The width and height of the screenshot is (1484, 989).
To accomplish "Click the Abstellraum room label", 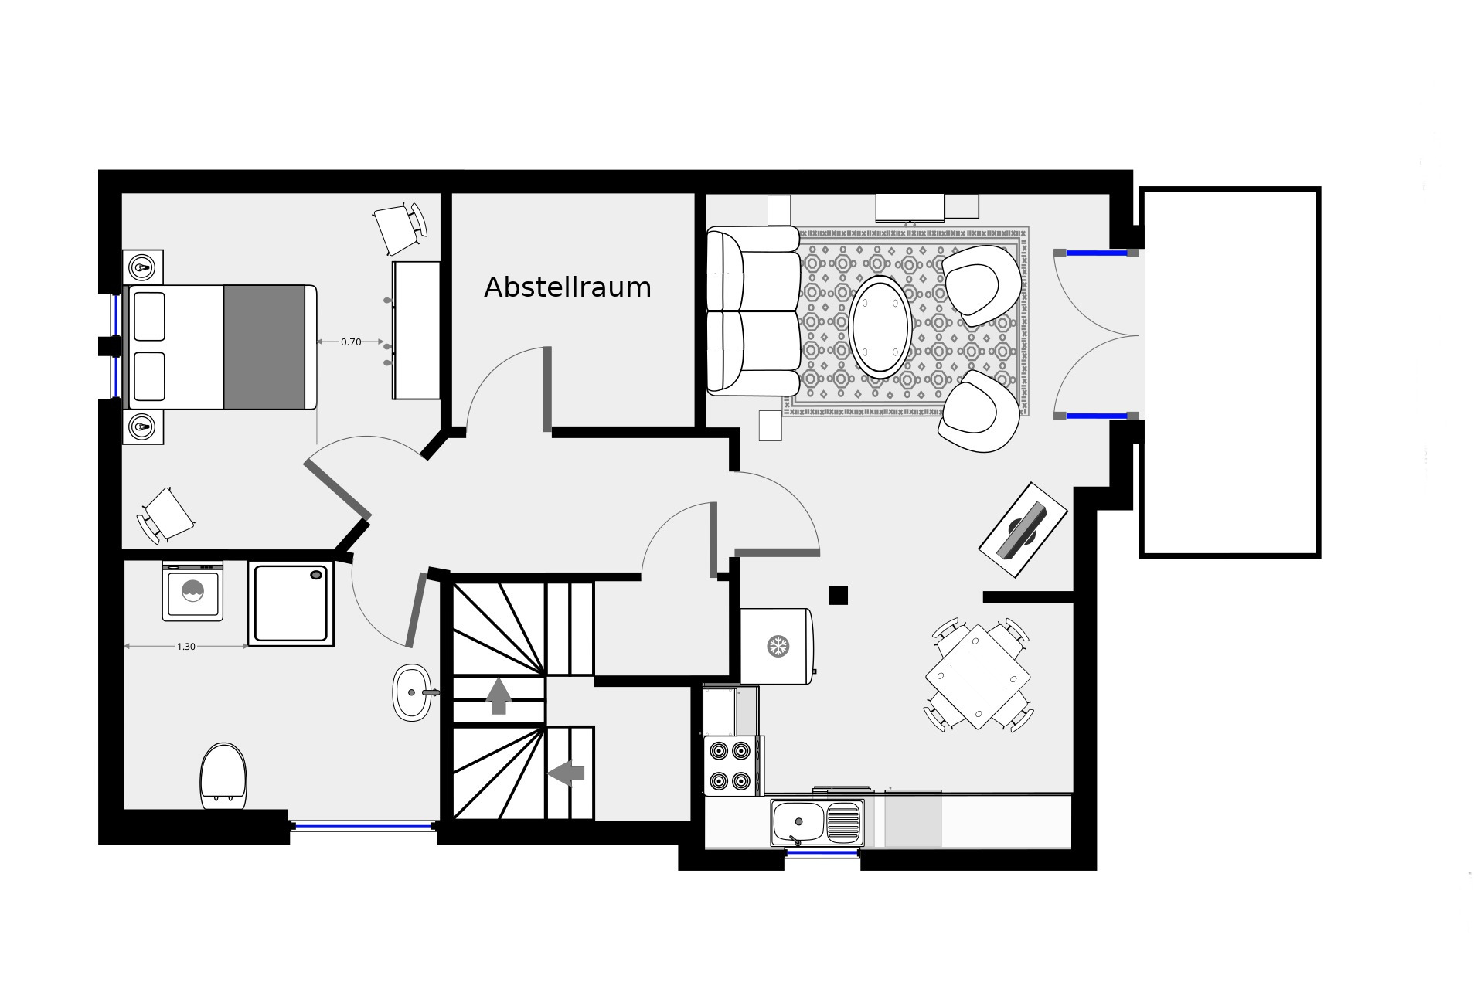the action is [x=567, y=287].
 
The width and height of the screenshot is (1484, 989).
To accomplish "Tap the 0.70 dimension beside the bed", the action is [x=351, y=342].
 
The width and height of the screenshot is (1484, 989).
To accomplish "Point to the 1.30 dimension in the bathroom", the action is [x=186, y=647].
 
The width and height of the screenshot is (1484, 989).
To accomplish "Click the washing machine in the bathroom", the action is [x=192, y=592].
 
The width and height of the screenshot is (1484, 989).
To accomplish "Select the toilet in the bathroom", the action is [x=223, y=777].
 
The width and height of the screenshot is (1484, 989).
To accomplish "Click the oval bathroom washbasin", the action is [x=414, y=692].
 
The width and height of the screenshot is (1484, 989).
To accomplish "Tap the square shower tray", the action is [x=291, y=603].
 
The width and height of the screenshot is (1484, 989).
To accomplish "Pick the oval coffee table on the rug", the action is [x=880, y=328].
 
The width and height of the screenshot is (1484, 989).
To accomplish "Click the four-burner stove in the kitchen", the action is [x=731, y=766].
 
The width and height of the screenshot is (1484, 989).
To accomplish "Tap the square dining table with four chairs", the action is [x=979, y=678].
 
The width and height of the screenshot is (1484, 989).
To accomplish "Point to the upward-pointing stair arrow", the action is [x=499, y=695].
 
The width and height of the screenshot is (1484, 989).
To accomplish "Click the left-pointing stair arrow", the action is [x=567, y=772].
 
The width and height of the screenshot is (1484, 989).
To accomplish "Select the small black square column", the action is [x=839, y=595].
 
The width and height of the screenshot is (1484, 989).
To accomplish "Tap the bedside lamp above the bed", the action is [x=142, y=267].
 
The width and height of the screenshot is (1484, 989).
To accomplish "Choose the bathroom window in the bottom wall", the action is [x=362, y=826].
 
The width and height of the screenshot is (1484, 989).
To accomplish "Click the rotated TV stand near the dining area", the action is [x=1023, y=530].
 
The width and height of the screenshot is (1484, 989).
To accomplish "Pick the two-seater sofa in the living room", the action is [x=753, y=311].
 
